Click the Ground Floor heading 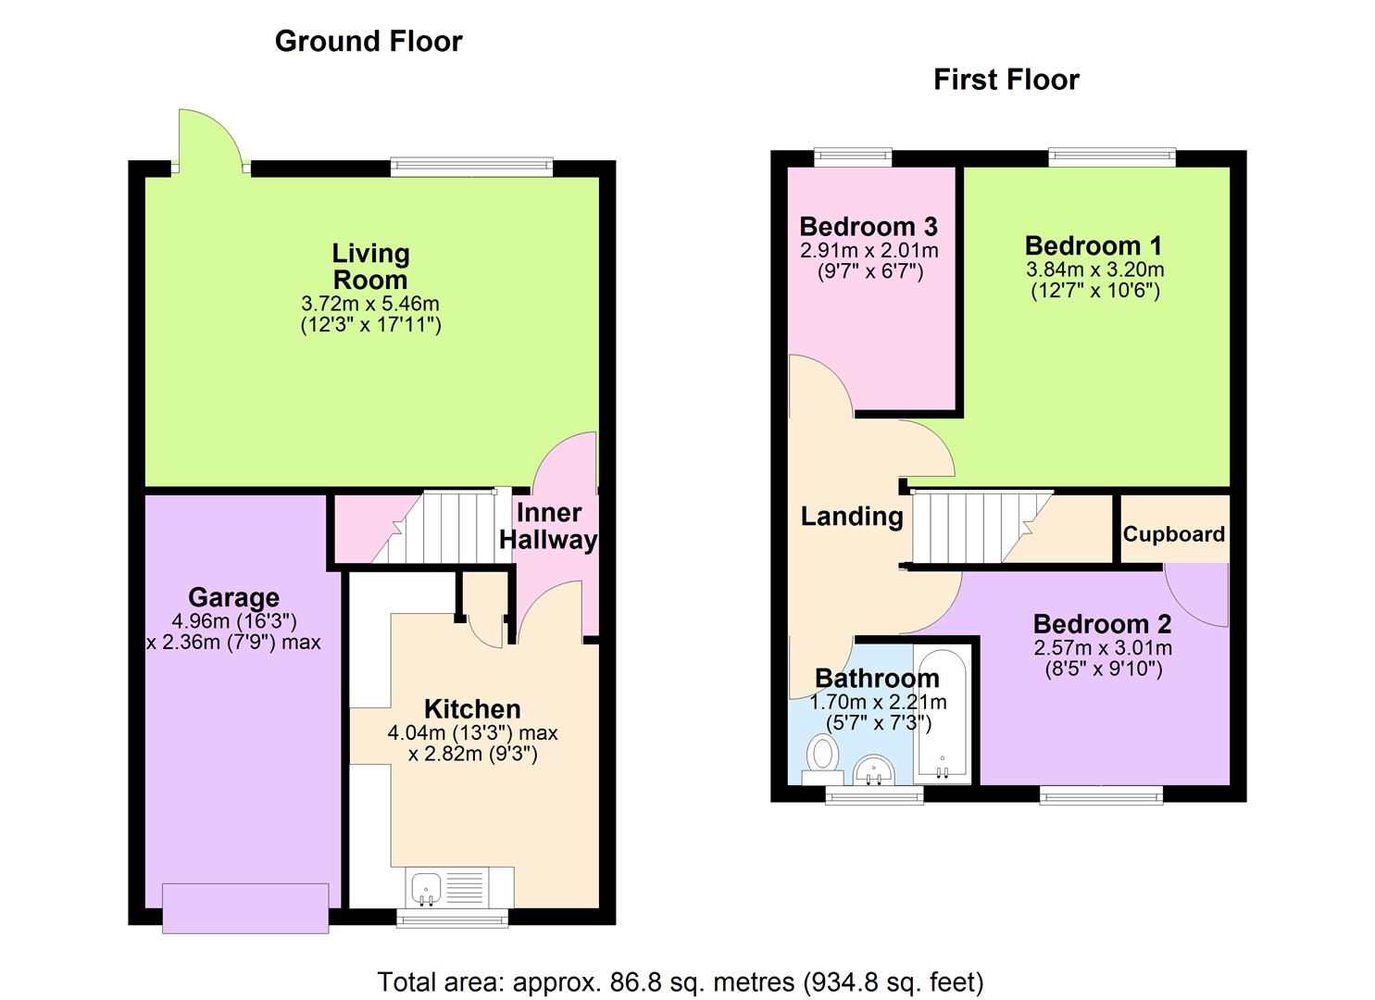pos(369,42)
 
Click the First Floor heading pos(1006,80)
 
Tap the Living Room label pos(370,267)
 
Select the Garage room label pos(233,597)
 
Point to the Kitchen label pos(472,709)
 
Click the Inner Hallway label pos(549,526)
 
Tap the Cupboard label pos(1173,534)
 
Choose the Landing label pos(852,516)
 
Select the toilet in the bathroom pos(820,753)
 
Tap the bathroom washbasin pos(873,769)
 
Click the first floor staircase pos(972,527)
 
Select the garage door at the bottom pos(245,907)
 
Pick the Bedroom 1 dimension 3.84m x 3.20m pos(1094,269)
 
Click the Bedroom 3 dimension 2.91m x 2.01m pos(869,250)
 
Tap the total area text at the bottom pos(680,981)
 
